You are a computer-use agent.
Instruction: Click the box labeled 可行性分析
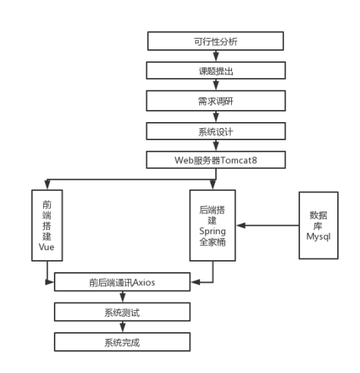point(215,41)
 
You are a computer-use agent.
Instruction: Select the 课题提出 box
point(216,71)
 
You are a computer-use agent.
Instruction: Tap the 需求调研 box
point(216,101)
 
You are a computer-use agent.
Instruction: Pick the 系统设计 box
point(216,131)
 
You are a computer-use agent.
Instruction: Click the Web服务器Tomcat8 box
point(216,160)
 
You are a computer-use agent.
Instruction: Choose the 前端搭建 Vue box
point(47,225)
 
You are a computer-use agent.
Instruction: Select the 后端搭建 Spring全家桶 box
point(213,225)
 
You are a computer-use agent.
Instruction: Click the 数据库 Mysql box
point(318,225)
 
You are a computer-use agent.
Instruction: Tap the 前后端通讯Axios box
point(122,282)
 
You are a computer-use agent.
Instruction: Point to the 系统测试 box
point(122,312)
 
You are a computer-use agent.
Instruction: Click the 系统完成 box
point(122,342)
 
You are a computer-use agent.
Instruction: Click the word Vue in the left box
point(46,247)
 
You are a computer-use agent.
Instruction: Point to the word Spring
point(212,231)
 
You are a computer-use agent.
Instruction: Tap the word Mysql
point(318,237)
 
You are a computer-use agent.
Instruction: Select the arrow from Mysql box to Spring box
point(268,225)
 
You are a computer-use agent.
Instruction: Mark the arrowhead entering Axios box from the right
point(196,282)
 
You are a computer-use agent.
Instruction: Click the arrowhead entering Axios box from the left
point(49,282)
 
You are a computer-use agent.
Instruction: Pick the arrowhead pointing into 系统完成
point(123,328)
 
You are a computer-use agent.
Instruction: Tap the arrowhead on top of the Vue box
point(47,185)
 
